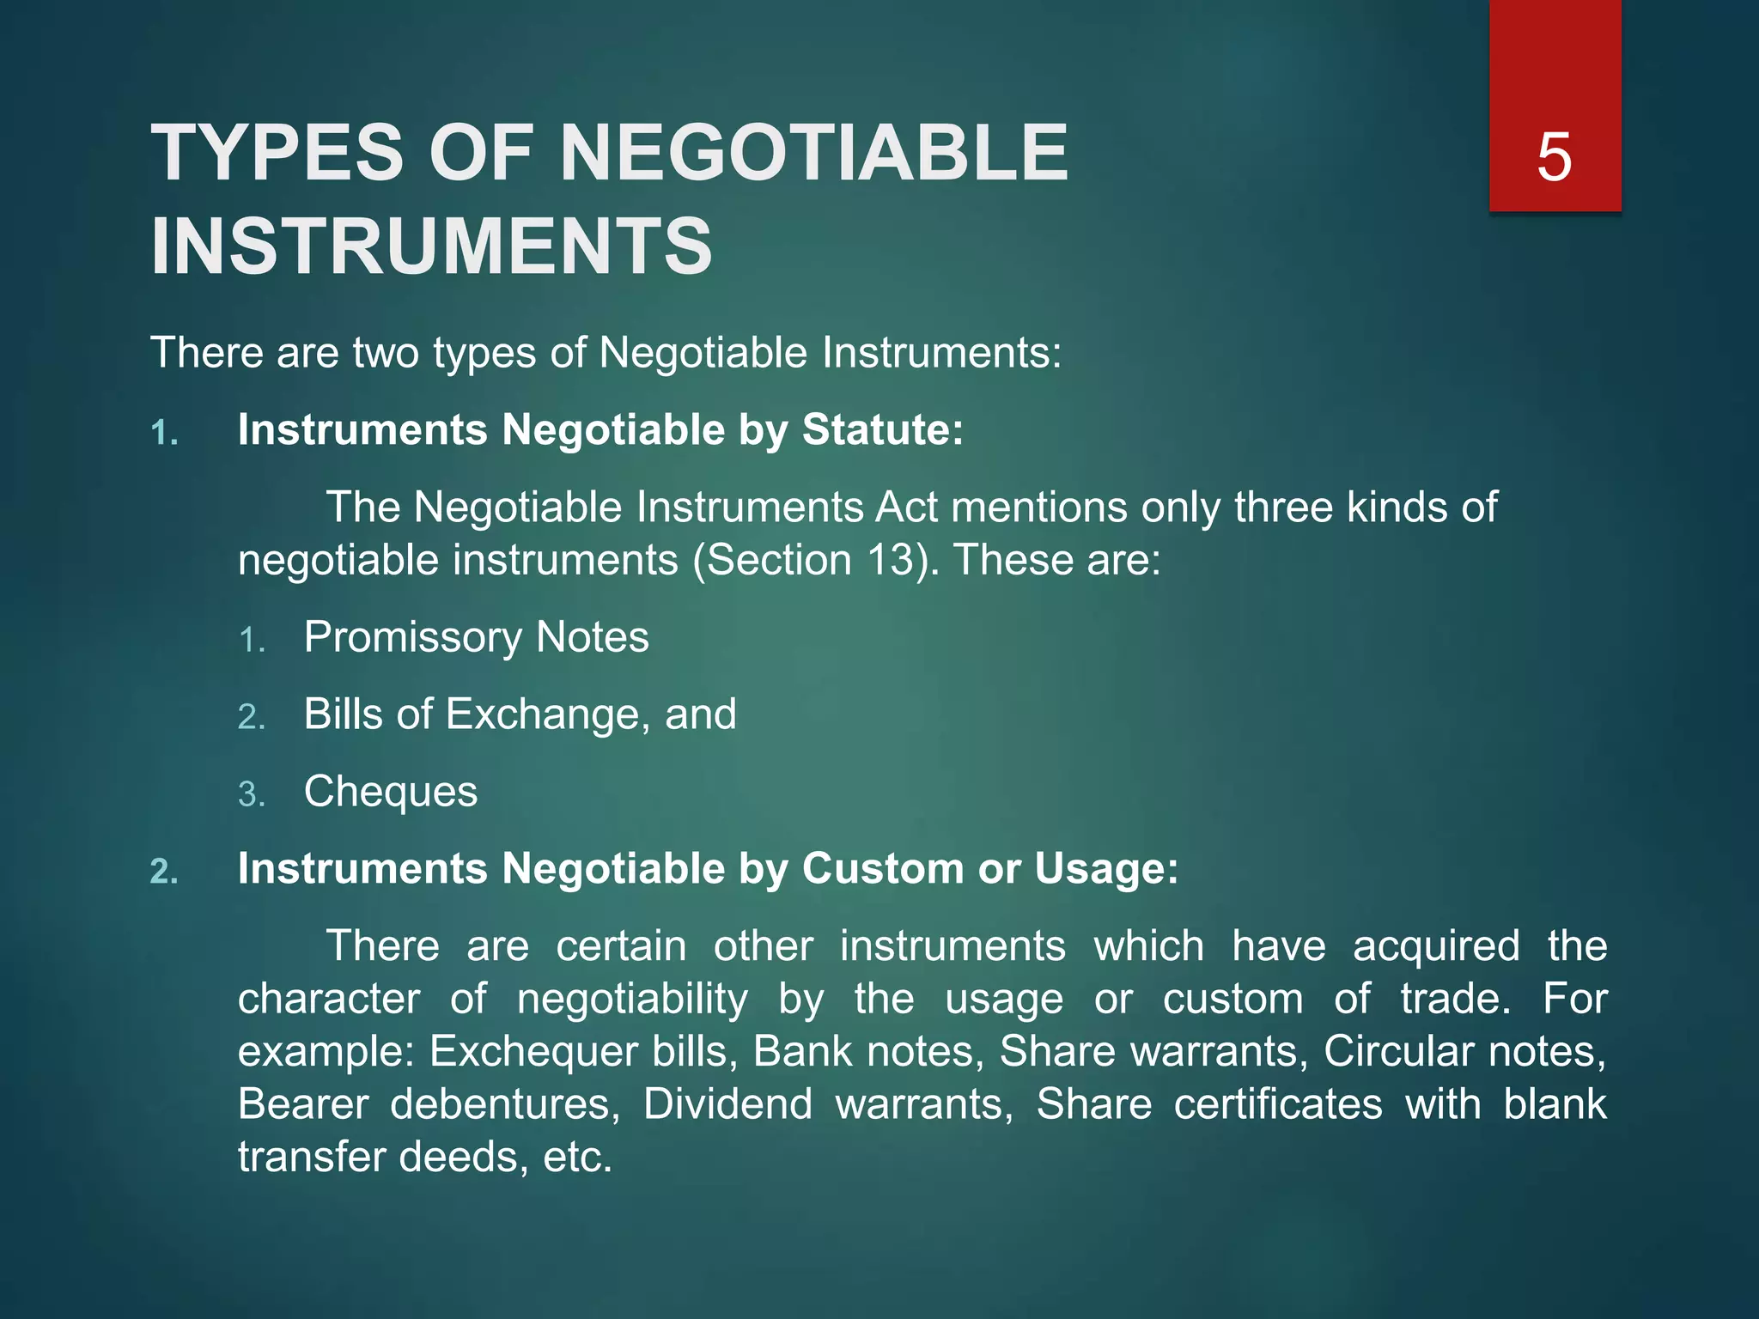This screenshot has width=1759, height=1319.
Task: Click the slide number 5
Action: [1554, 157]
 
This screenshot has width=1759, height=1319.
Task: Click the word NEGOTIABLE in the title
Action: [814, 153]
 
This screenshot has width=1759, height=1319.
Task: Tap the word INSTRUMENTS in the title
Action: [432, 246]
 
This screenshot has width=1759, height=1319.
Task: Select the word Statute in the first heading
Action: [876, 429]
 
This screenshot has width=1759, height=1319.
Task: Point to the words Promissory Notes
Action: [476, 637]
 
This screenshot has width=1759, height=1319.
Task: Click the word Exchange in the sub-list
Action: [548, 714]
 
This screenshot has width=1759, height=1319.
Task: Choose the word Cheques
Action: [391, 792]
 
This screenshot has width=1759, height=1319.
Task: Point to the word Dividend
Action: [727, 1104]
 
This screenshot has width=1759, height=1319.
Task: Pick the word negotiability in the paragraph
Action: [632, 999]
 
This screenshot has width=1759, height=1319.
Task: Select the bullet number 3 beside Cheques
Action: [251, 794]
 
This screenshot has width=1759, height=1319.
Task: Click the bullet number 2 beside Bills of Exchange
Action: [251, 717]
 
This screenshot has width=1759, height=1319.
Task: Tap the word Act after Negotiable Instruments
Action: [907, 508]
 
